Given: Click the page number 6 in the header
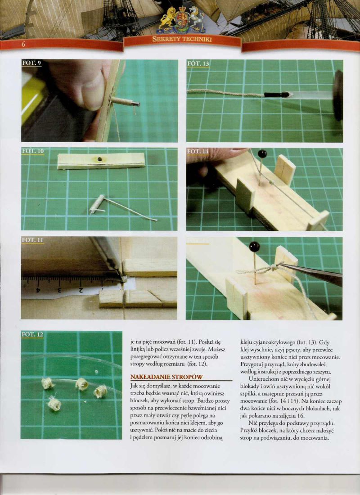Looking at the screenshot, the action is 23,45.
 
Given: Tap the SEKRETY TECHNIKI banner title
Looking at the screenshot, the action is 182,40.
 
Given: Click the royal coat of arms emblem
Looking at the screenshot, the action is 182,19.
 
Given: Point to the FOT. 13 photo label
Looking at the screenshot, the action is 198,63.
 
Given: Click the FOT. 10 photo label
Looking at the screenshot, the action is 33,151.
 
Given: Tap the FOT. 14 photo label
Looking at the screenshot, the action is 198,152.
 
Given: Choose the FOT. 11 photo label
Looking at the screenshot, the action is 32,240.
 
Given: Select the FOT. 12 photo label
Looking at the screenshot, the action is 32,334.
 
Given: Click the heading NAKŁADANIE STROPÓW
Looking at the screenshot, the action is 166,377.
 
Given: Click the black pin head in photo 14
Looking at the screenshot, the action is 262,154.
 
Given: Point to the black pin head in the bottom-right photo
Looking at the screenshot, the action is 254,247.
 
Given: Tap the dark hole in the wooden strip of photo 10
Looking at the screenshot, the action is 100,159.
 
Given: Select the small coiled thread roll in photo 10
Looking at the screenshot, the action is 96,204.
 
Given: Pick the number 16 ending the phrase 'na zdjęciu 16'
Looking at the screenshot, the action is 301,416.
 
